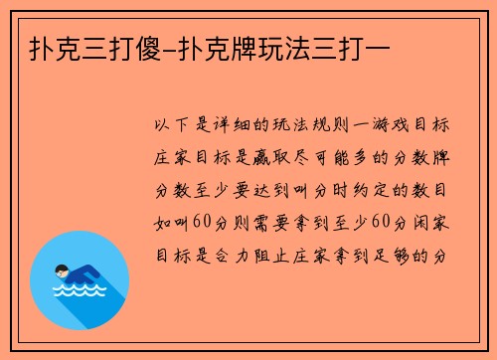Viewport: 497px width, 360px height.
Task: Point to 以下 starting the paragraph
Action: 173,126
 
